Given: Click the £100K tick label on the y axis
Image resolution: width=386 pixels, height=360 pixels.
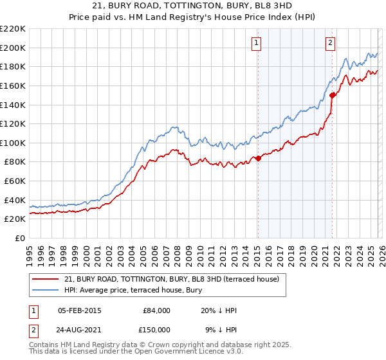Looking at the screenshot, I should (x=13, y=143).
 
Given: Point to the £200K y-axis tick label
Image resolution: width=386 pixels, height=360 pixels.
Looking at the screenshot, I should (x=13, y=48).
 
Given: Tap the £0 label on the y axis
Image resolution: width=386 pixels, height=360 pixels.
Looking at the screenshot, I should (x=20, y=239).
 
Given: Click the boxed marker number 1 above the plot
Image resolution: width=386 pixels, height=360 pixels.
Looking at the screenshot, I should (x=257, y=43).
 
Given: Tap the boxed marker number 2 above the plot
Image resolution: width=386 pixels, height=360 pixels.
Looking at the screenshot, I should (x=330, y=43).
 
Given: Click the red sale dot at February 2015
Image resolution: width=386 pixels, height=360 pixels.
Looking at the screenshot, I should (x=258, y=158).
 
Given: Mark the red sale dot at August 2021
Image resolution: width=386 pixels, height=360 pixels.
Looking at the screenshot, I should (x=333, y=95).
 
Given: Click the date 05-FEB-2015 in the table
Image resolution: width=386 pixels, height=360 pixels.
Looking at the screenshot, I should (x=80, y=310).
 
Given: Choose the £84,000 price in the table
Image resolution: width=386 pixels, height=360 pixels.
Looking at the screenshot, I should (x=156, y=310).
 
